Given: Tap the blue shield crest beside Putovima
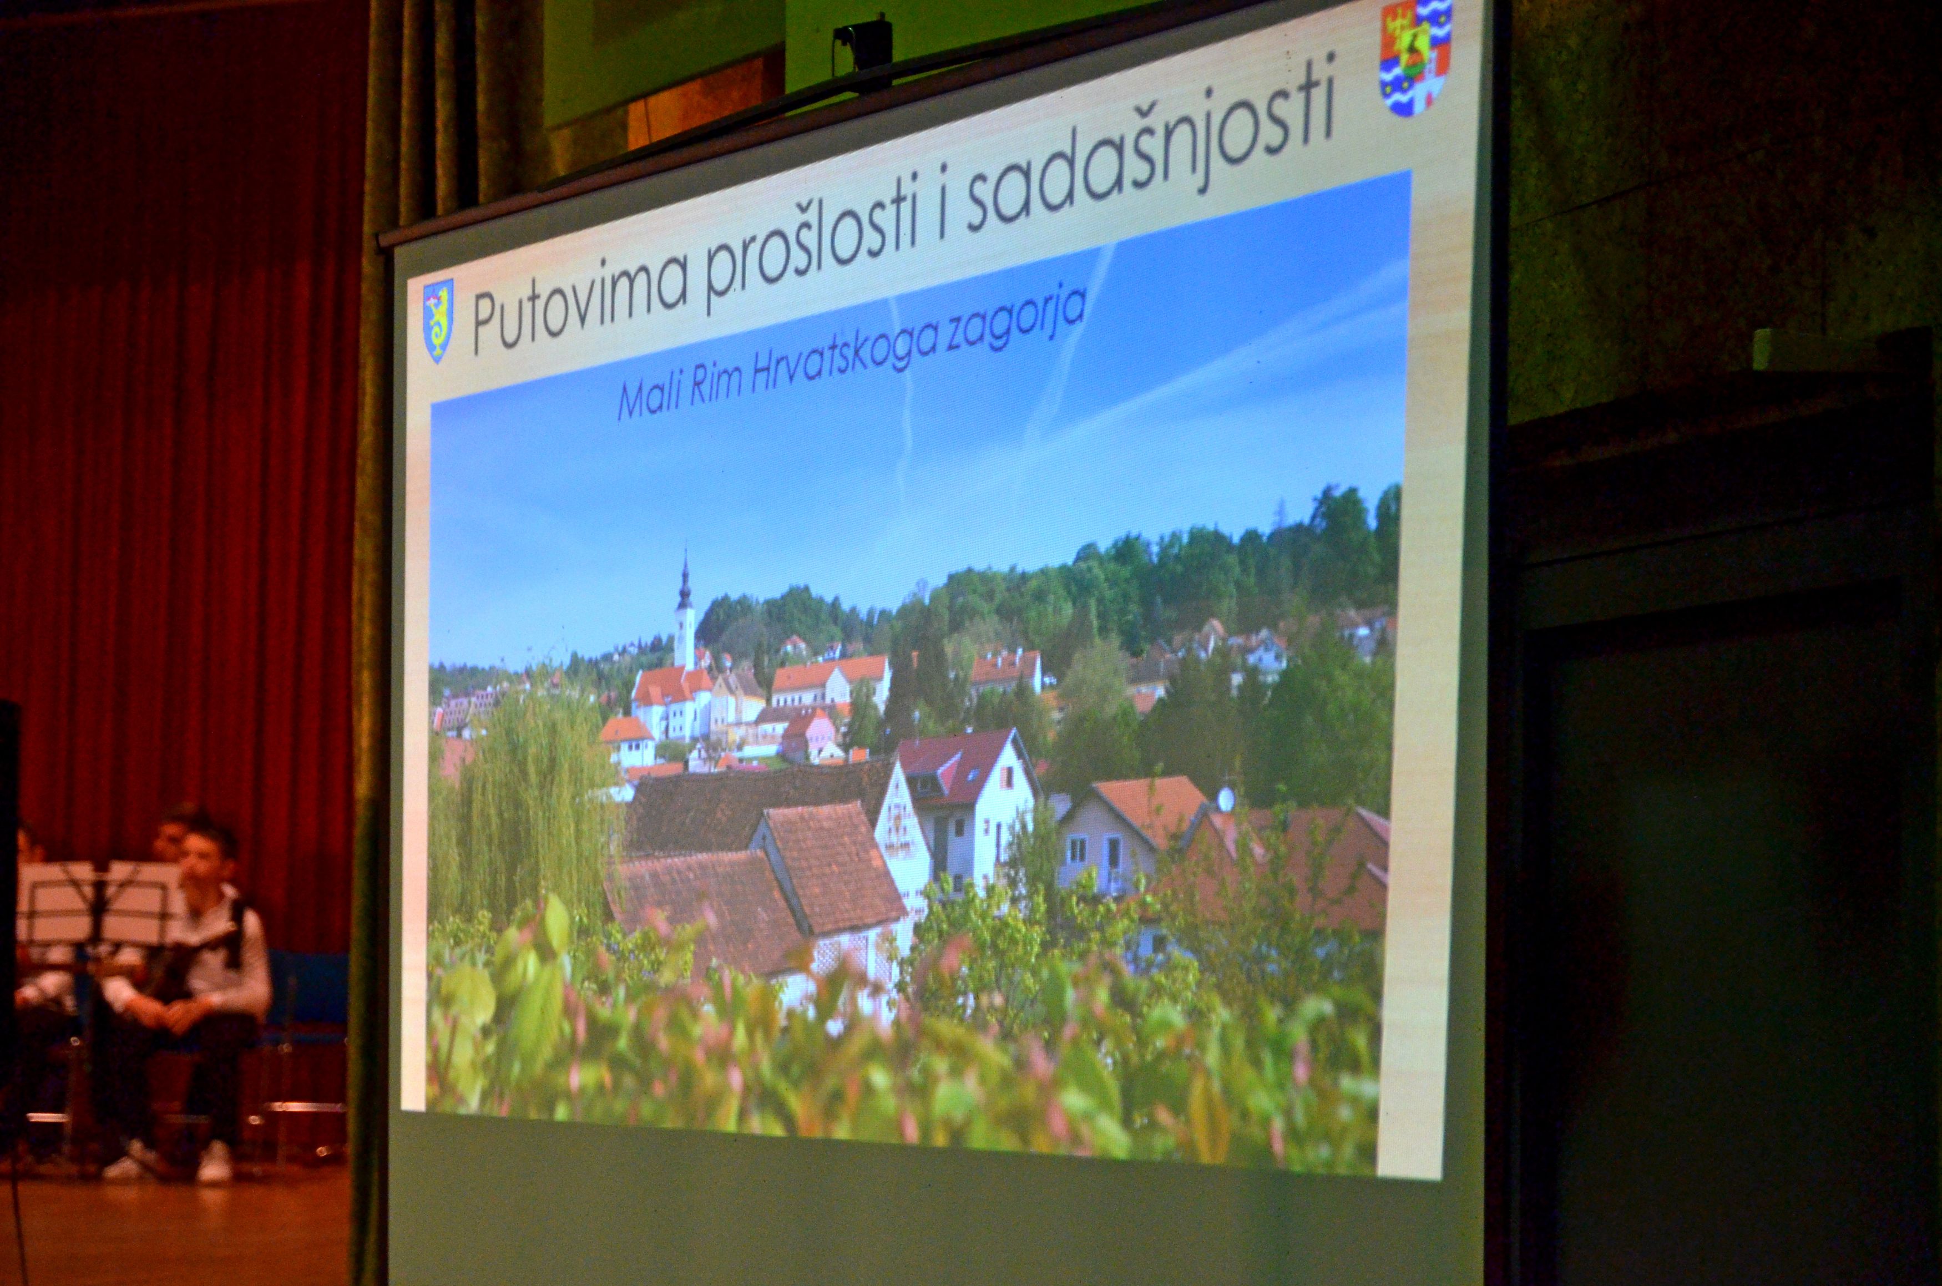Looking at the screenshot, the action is [x=437, y=320].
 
